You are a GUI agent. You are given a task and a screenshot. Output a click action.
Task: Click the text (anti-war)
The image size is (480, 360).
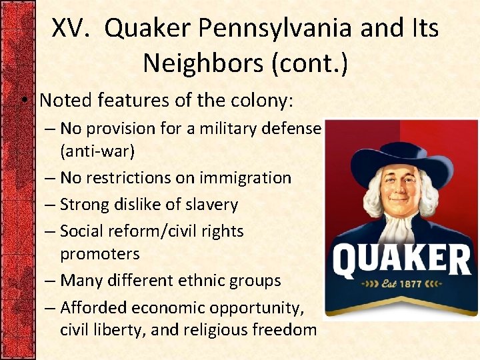(x=97, y=151)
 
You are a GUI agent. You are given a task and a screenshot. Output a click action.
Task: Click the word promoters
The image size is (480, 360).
(x=100, y=254)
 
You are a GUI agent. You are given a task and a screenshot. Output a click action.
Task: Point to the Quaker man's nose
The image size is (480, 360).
(x=399, y=193)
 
